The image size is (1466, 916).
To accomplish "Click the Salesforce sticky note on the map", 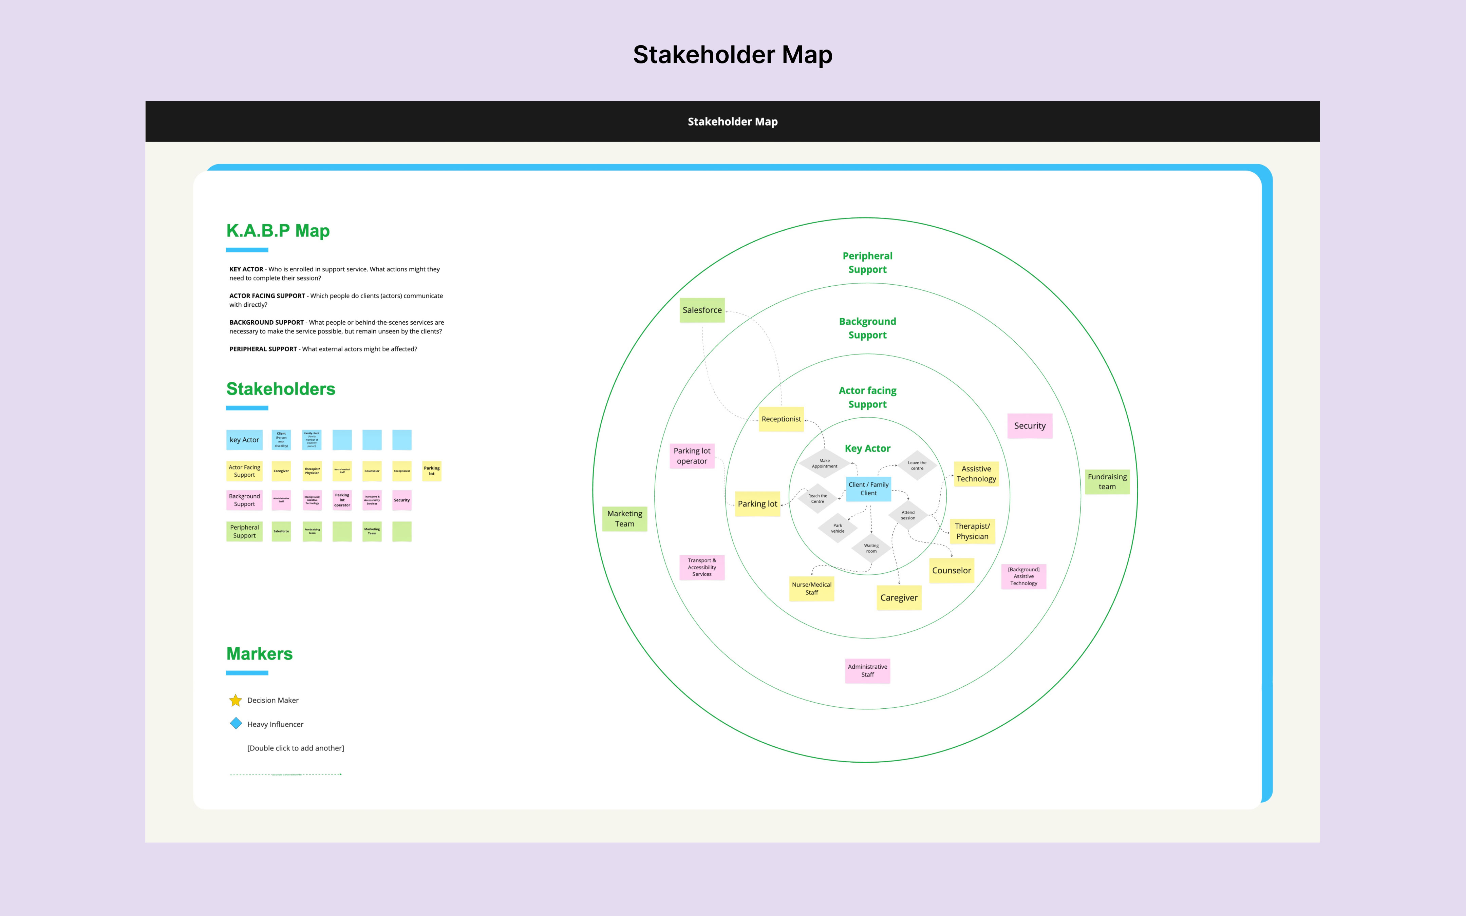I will [702, 310].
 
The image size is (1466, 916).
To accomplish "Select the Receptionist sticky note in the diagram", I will [782, 419].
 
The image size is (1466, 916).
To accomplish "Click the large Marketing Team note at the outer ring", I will [624, 519].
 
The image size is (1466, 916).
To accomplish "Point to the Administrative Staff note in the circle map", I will [867, 671].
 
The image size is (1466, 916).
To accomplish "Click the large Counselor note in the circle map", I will [951, 571].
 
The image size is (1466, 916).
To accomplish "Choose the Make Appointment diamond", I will [825, 463].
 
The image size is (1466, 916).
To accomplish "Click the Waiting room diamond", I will [871, 548].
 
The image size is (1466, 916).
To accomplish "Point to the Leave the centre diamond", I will [917, 465].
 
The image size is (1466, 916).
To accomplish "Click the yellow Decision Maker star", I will [236, 700].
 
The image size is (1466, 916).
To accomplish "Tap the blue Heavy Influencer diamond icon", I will [236, 723].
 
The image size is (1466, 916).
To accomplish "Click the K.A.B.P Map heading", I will [278, 231].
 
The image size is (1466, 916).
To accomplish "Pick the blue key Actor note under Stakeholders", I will [244, 440].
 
